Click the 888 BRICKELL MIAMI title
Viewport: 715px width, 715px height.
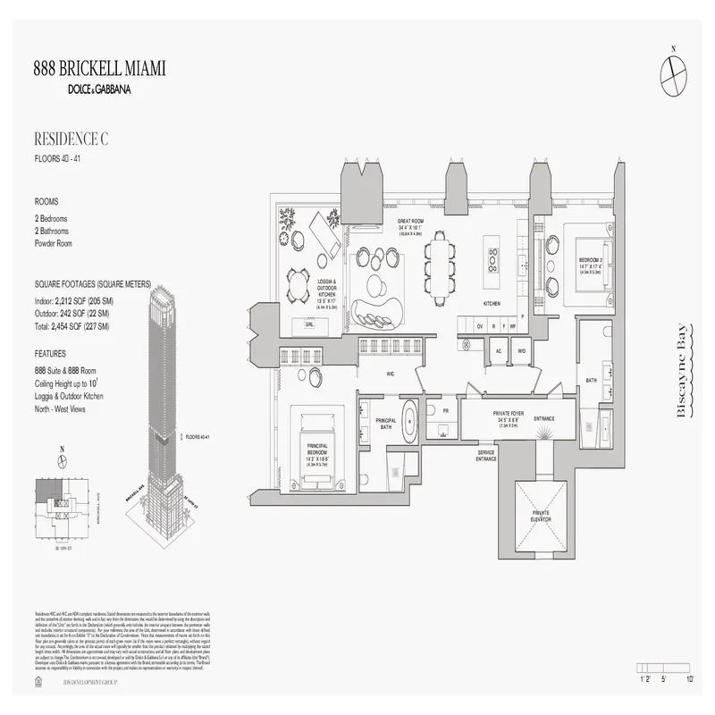pyautogui.click(x=98, y=70)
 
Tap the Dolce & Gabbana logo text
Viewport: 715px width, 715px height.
pyautogui.click(x=98, y=88)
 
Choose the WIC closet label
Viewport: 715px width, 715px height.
pyautogui.click(x=391, y=374)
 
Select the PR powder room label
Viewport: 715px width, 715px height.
pyautogui.click(x=443, y=412)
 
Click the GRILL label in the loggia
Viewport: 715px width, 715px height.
pyautogui.click(x=309, y=325)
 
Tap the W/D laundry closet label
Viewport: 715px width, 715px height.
pyautogui.click(x=521, y=351)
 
